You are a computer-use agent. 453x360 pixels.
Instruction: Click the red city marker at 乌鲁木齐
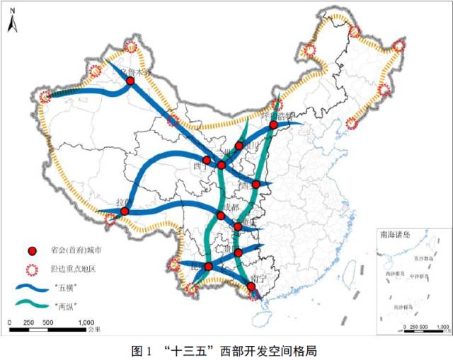(x=130, y=81)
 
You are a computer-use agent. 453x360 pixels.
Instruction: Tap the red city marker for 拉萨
(x=125, y=211)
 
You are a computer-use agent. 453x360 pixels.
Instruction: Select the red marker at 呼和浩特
(x=273, y=125)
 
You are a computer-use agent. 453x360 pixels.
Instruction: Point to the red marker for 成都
(x=221, y=215)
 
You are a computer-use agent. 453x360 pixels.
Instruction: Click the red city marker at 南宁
(x=251, y=286)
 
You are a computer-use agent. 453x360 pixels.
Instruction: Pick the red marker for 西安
(x=256, y=184)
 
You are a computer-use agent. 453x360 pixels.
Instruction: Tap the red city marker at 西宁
(x=206, y=161)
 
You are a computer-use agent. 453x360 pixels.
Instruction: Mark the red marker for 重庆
(x=238, y=227)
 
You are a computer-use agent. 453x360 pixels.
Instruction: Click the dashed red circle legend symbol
(x=31, y=269)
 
